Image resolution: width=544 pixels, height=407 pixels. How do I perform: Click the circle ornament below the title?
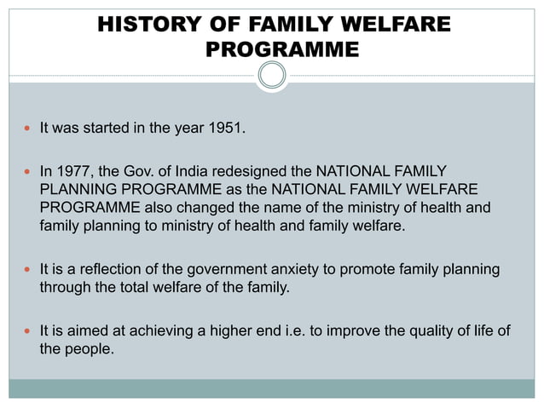272,76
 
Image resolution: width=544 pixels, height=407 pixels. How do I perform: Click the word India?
199,171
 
